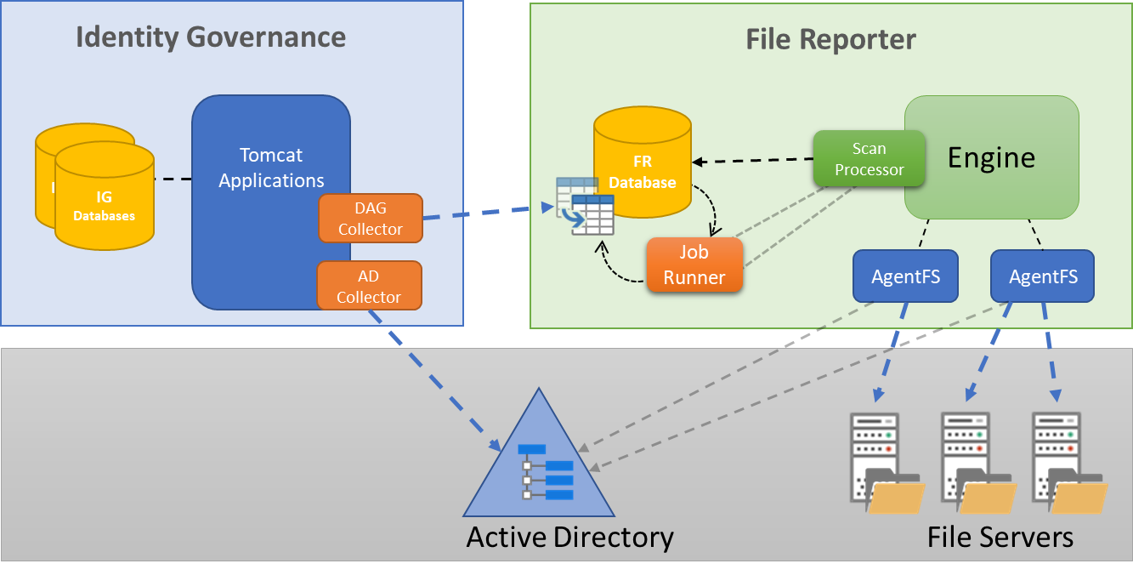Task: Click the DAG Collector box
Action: (x=370, y=219)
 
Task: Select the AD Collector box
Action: (x=369, y=286)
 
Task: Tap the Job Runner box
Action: (x=694, y=265)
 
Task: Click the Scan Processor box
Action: (x=869, y=158)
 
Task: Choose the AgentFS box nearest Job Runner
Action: (x=905, y=276)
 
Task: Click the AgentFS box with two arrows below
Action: (x=1042, y=276)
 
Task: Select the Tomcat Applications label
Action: (x=271, y=168)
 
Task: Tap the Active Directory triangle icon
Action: (x=539, y=464)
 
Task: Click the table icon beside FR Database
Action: (x=585, y=206)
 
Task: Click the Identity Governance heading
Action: (x=211, y=37)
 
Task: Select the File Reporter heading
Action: (x=830, y=39)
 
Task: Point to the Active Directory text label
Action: (x=569, y=538)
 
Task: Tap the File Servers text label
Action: (x=1000, y=538)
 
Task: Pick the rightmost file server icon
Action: (x=1068, y=464)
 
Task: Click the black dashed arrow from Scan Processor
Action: (x=752, y=160)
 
